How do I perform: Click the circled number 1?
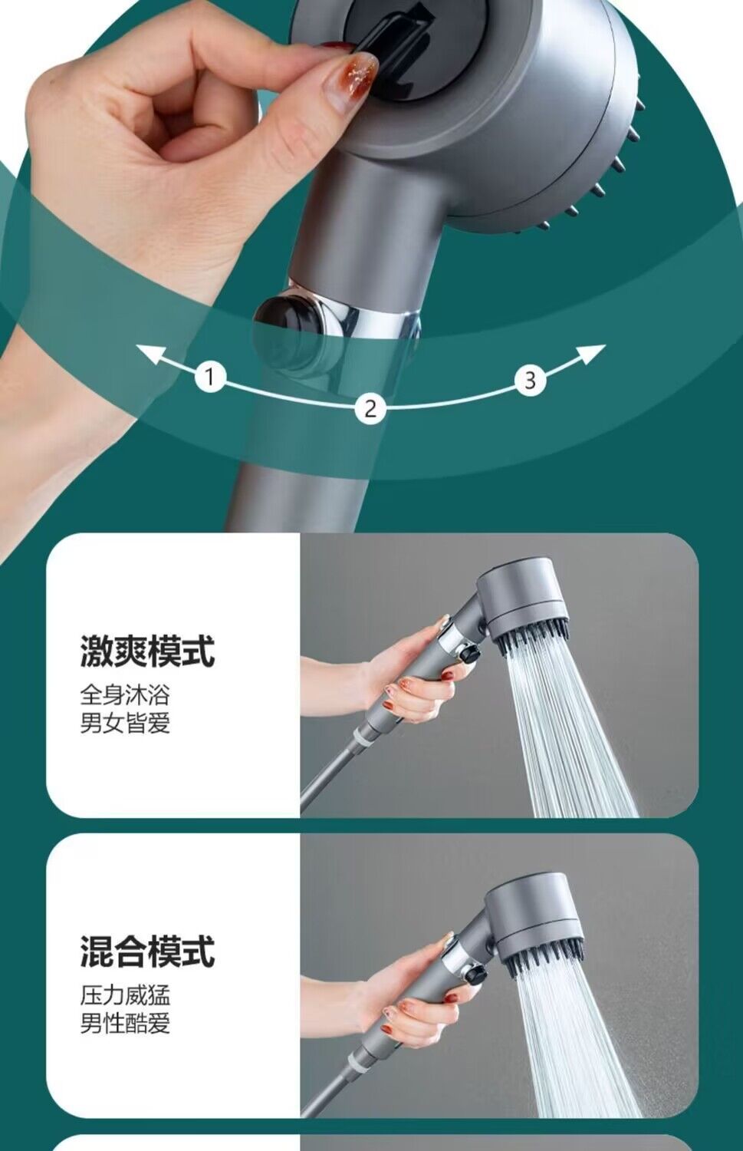[x=210, y=377]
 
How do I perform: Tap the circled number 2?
[x=370, y=407]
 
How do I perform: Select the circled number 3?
[x=530, y=379]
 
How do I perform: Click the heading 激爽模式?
[x=147, y=651]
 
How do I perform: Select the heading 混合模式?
[x=147, y=951]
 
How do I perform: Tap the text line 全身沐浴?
[x=125, y=695]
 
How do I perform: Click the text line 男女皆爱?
[x=125, y=723]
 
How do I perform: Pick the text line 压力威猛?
[x=125, y=995]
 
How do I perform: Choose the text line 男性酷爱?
[x=125, y=1023]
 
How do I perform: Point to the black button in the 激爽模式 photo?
[x=469, y=653]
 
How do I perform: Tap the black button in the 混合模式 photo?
[x=475, y=975]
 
